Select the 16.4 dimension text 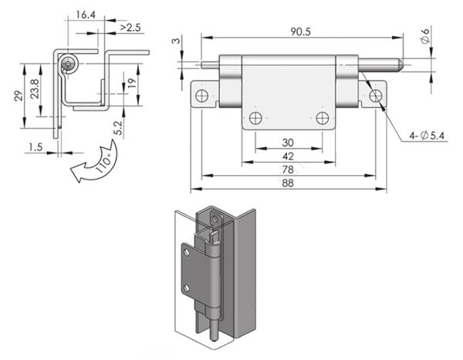click(86, 15)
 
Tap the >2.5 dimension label click(130, 29)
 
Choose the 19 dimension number click(131, 83)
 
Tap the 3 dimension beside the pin click(176, 40)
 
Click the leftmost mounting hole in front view click(201, 96)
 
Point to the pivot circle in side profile click(70, 65)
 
